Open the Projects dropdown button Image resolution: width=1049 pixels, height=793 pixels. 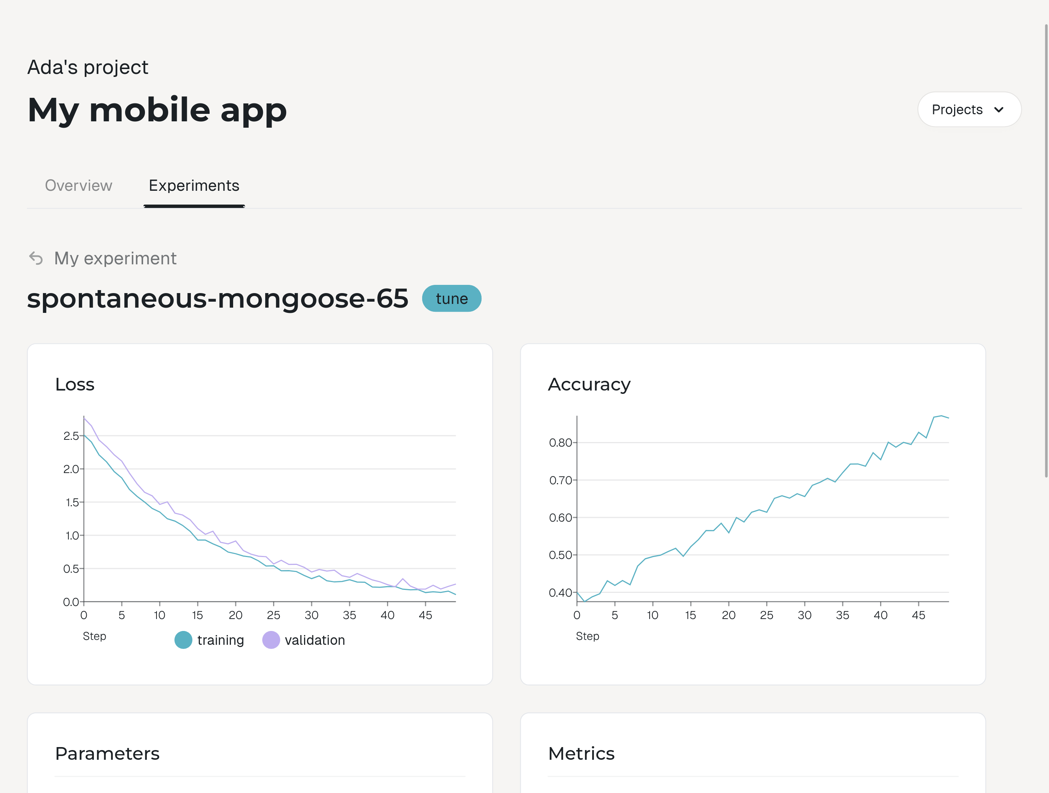(x=969, y=109)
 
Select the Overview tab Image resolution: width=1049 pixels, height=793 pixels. (x=79, y=185)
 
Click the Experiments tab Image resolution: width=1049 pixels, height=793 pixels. (x=194, y=185)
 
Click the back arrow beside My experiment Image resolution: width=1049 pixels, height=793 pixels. (x=36, y=258)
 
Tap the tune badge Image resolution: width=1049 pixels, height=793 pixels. (x=452, y=299)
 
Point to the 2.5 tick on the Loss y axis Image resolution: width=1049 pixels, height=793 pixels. (x=71, y=436)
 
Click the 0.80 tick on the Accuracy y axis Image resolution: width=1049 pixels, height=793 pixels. (x=560, y=443)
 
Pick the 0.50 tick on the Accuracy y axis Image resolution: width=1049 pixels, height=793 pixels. (x=560, y=555)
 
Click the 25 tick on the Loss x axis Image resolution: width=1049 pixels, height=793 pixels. (x=273, y=615)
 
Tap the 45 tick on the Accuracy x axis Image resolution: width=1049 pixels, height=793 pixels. (x=919, y=615)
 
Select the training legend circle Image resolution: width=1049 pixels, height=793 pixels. (x=183, y=640)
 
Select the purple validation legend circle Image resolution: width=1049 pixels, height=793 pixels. (x=271, y=640)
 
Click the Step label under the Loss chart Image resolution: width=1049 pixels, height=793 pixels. (x=95, y=636)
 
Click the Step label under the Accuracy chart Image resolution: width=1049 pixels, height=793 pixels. (x=588, y=636)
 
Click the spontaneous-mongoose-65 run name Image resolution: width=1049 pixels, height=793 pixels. (x=218, y=299)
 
